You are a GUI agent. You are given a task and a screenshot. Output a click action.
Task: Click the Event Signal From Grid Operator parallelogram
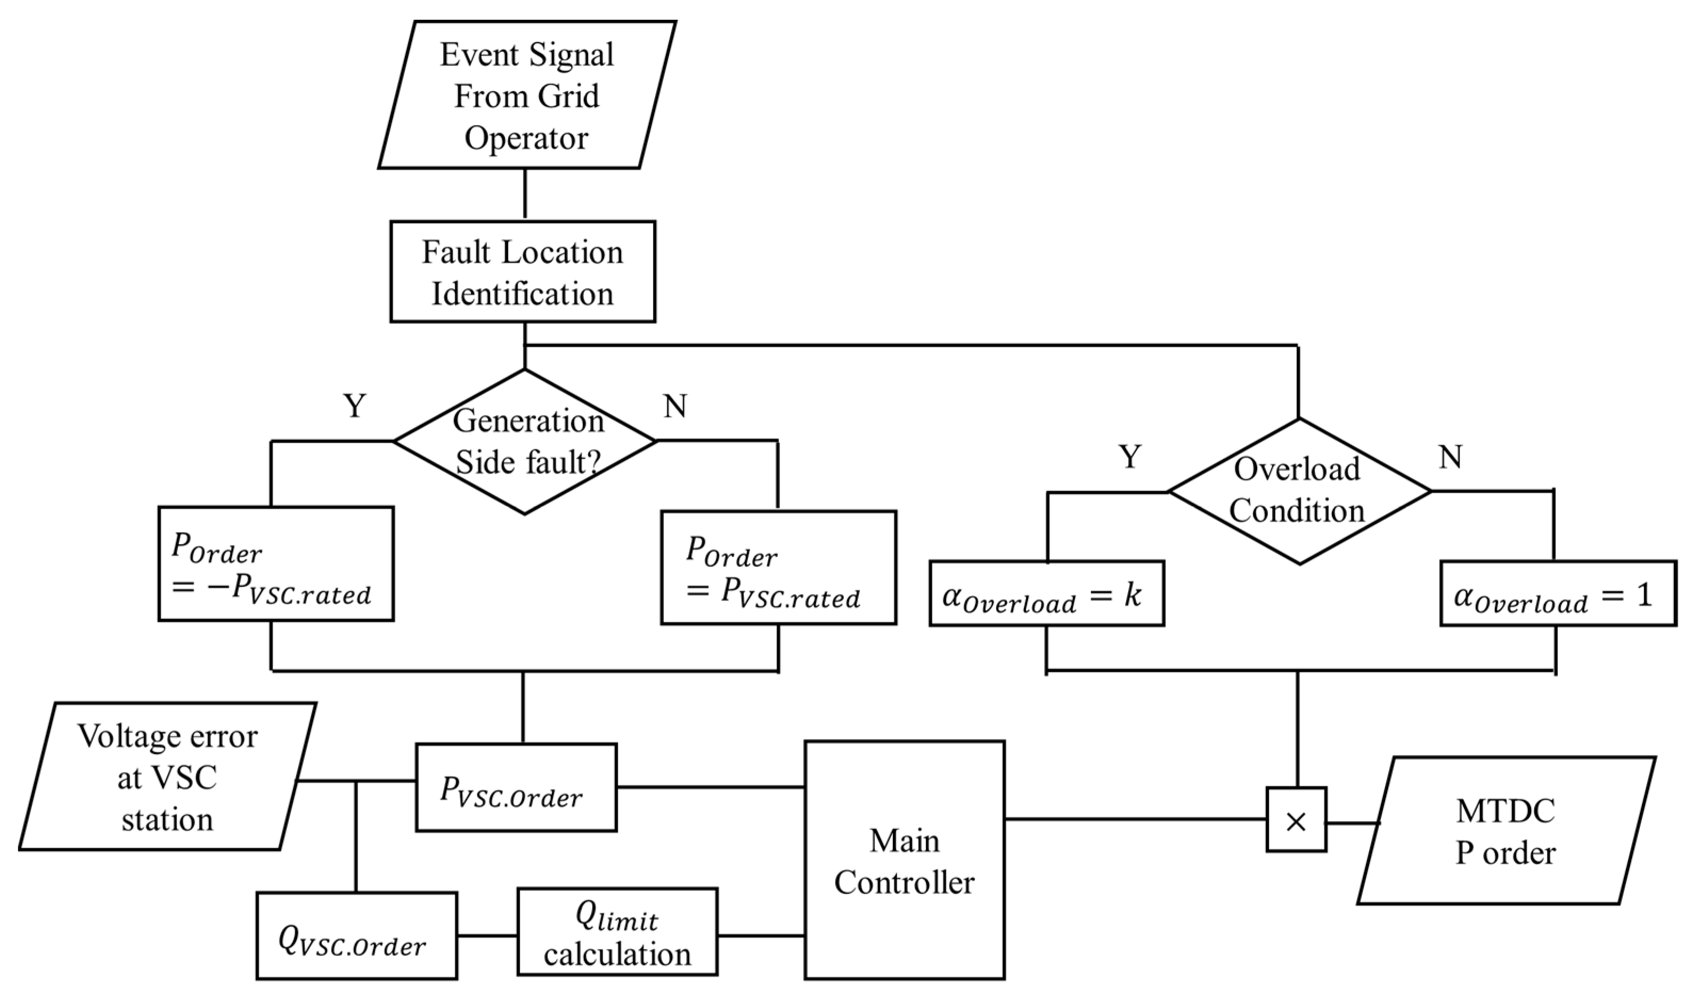(x=526, y=94)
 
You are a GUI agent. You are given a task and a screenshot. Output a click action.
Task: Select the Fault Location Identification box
(x=523, y=271)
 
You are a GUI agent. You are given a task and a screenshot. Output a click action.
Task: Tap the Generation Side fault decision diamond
(x=525, y=442)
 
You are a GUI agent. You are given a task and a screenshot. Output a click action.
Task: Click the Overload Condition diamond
(x=1299, y=491)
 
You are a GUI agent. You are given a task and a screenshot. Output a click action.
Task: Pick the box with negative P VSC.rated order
(x=275, y=564)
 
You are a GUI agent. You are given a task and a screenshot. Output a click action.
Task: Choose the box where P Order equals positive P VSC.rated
(x=778, y=567)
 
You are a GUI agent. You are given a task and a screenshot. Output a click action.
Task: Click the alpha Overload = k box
(x=1046, y=594)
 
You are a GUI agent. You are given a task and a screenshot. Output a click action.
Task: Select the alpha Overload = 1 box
(x=1558, y=594)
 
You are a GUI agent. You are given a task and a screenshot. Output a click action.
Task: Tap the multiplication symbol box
(x=1296, y=819)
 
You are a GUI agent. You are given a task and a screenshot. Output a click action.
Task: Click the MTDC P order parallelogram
(x=1506, y=831)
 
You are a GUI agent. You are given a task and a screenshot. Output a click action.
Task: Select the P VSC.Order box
(x=516, y=787)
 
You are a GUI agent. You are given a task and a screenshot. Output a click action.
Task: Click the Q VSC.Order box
(x=356, y=936)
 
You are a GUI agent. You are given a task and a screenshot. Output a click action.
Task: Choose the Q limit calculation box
(x=617, y=932)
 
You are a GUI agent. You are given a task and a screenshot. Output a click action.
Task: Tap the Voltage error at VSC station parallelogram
(x=167, y=776)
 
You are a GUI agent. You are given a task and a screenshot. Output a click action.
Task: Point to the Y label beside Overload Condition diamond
(x=1130, y=458)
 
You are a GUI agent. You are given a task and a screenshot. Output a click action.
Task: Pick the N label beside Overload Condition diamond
(x=1450, y=458)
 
